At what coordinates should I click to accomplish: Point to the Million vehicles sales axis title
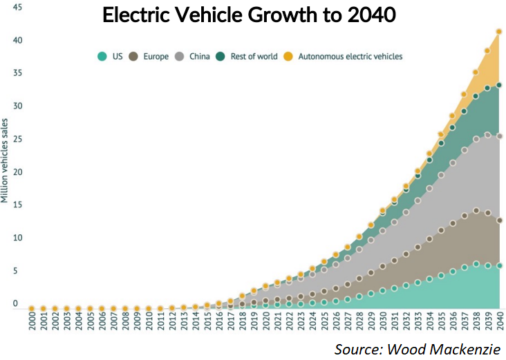6,161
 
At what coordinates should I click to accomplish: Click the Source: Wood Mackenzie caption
417,349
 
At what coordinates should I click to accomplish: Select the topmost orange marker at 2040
498,32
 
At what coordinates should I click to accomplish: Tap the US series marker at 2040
498,266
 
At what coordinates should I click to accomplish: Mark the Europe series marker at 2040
498,220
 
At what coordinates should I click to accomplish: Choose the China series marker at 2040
498,136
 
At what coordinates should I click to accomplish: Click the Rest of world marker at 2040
498,85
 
